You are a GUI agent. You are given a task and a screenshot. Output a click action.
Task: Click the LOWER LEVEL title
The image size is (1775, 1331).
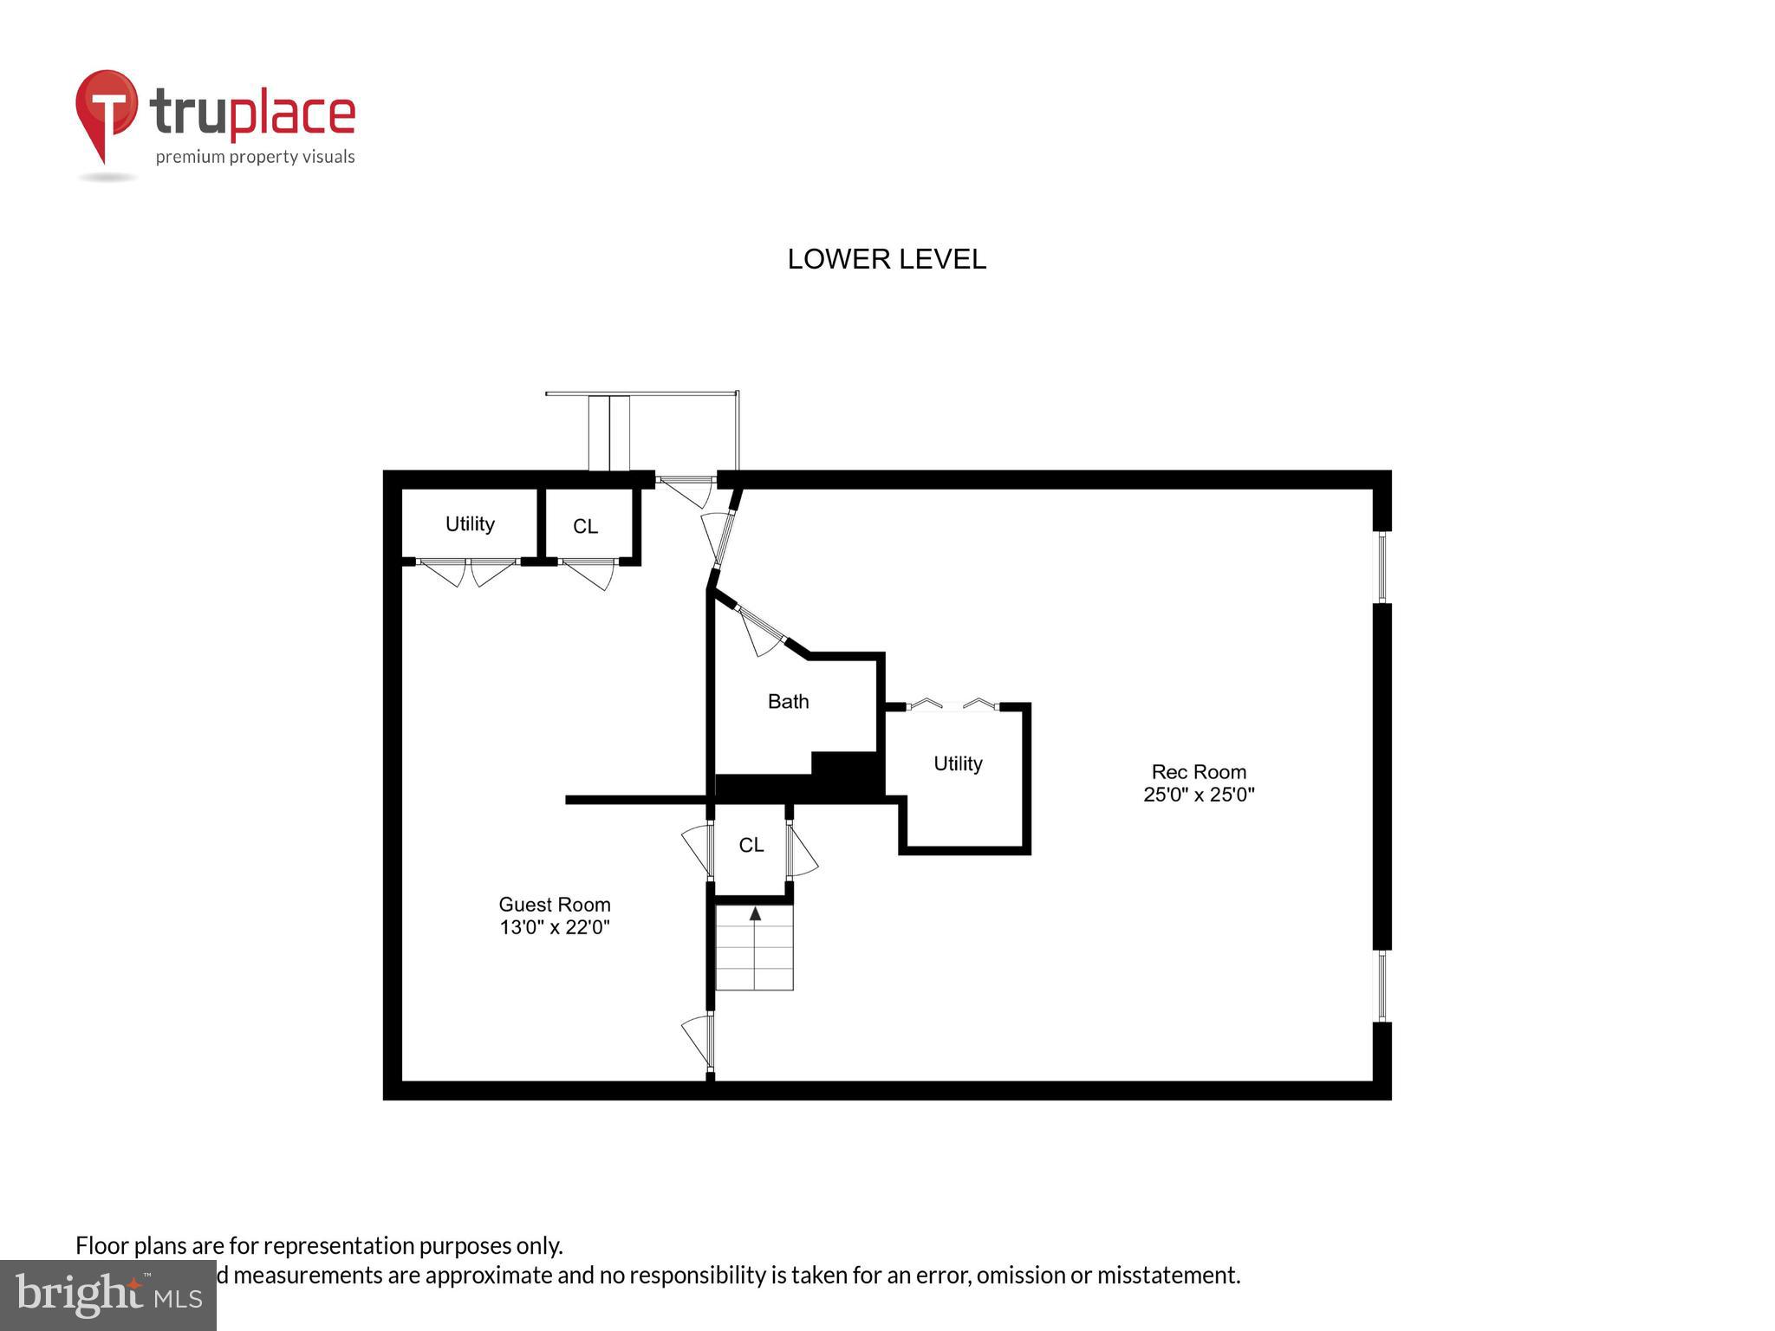click(x=886, y=259)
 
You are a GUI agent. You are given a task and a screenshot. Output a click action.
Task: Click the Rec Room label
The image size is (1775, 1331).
click(x=1199, y=771)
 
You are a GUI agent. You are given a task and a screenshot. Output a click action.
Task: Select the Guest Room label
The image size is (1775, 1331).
click(x=555, y=904)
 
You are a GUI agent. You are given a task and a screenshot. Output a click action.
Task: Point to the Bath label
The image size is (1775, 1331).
click(x=788, y=701)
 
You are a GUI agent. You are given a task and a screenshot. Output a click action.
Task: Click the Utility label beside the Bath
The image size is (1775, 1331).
click(x=958, y=763)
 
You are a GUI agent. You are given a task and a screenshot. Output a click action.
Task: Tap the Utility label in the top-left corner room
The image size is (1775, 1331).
click(x=470, y=523)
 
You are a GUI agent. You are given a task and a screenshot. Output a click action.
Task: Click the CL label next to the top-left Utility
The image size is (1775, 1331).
click(x=585, y=526)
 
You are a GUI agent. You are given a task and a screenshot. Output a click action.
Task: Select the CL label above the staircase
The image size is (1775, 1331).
click(x=751, y=845)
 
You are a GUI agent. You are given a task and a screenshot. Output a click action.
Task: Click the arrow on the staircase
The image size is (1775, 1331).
click(x=755, y=913)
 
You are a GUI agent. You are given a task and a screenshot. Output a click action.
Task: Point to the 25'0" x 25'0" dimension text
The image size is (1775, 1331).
click(x=1199, y=795)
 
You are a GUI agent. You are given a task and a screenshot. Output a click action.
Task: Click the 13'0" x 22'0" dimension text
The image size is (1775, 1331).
click(x=555, y=927)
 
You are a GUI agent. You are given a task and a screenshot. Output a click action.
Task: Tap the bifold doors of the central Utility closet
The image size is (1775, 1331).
click(x=953, y=705)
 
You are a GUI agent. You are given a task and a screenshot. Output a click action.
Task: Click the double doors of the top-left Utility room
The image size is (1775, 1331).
click(x=468, y=569)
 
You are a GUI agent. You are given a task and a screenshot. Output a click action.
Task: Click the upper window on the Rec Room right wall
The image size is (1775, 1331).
click(x=1382, y=567)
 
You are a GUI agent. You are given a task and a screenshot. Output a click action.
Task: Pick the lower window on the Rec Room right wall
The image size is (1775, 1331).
click(x=1382, y=985)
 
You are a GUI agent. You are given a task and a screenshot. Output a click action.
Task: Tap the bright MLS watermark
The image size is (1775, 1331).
click(x=108, y=1295)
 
